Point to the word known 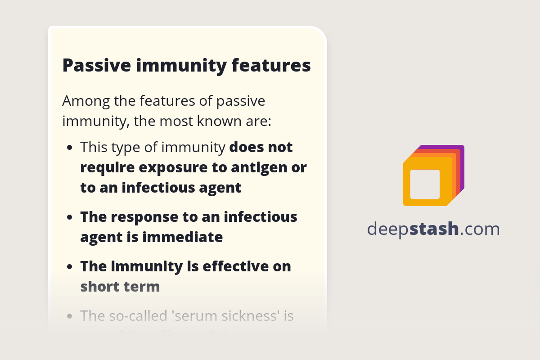click(x=226, y=121)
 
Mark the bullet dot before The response click(x=69, y=217)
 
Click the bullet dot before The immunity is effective click(x=69, y=267)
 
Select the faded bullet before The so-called click(x=69, y=316)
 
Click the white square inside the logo click(x=425, y=184)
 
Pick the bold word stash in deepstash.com click(x=434, y=229)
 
